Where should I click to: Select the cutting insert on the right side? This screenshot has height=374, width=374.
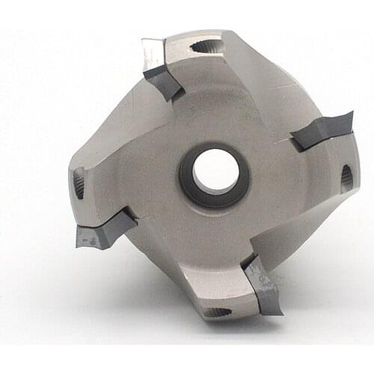click(x=322, y=130)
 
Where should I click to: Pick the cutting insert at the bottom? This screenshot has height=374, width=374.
click(x=263, y=284)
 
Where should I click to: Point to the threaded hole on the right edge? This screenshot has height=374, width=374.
click(x=346, y=179)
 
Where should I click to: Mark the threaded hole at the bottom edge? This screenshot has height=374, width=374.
click(x=218, y=312)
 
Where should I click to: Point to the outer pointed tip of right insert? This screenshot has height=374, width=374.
click(x=352, y=114)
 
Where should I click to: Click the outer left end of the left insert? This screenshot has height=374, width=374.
click(x=78, y=238)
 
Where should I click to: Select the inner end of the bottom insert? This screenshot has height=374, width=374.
click(x=248, y=262)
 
